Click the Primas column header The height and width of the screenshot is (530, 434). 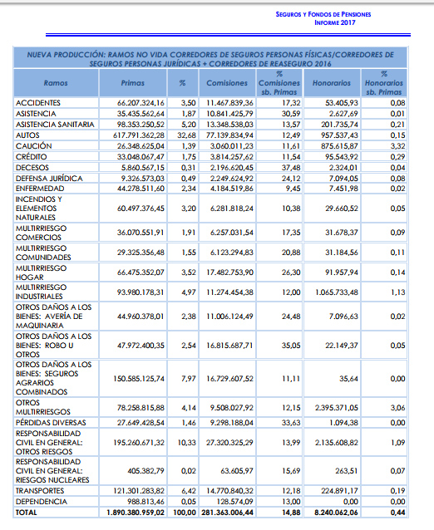[132, 83]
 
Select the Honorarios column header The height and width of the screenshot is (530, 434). [332, 83]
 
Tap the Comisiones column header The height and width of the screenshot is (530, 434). [227, 83]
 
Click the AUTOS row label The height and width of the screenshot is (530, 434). [27, 135]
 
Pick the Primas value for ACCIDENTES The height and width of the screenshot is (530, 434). [141, 103]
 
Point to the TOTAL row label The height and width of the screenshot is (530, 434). [26, 513]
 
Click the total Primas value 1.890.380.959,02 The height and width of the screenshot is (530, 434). [136, 513]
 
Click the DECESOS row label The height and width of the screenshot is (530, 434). [32, 168]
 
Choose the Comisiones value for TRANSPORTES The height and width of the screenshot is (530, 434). [229, 491]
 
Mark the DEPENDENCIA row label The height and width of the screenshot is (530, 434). [42, 502]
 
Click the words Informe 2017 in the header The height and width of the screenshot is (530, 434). [335, 22]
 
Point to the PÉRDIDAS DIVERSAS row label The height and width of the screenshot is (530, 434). [51, 423]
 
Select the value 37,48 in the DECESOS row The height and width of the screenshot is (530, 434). [291, 168]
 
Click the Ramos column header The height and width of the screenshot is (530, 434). [56, 83]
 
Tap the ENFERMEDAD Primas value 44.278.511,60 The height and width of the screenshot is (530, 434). [141, 189]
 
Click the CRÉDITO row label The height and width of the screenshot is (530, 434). [31, 157]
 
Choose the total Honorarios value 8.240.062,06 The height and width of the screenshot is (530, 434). [336, 513]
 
